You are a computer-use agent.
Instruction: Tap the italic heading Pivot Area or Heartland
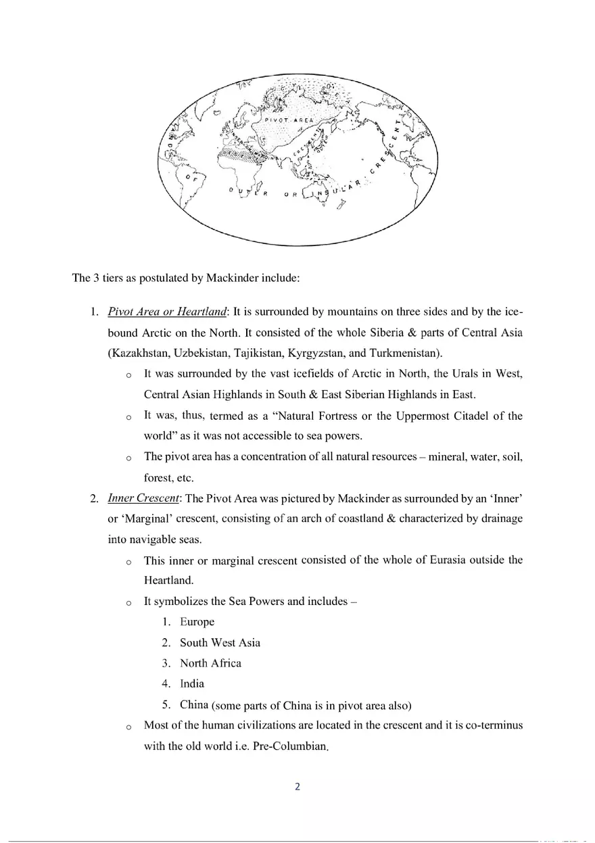pyautogui.click(x=166, y=312)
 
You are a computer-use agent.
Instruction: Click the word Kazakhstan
pyautogui.click(x=139, y=353)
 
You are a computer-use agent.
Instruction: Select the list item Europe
pyautogui.click(x=197, y=622)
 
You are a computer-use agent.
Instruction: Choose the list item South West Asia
pyautogui.click(x=220, y=642)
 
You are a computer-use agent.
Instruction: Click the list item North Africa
pyautogui.click(x=210, y=663)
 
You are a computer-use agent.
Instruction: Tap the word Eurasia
pyautogui.click(x=442, y=560)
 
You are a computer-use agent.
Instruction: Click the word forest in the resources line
pyautogui.click(x=159, y=478)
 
